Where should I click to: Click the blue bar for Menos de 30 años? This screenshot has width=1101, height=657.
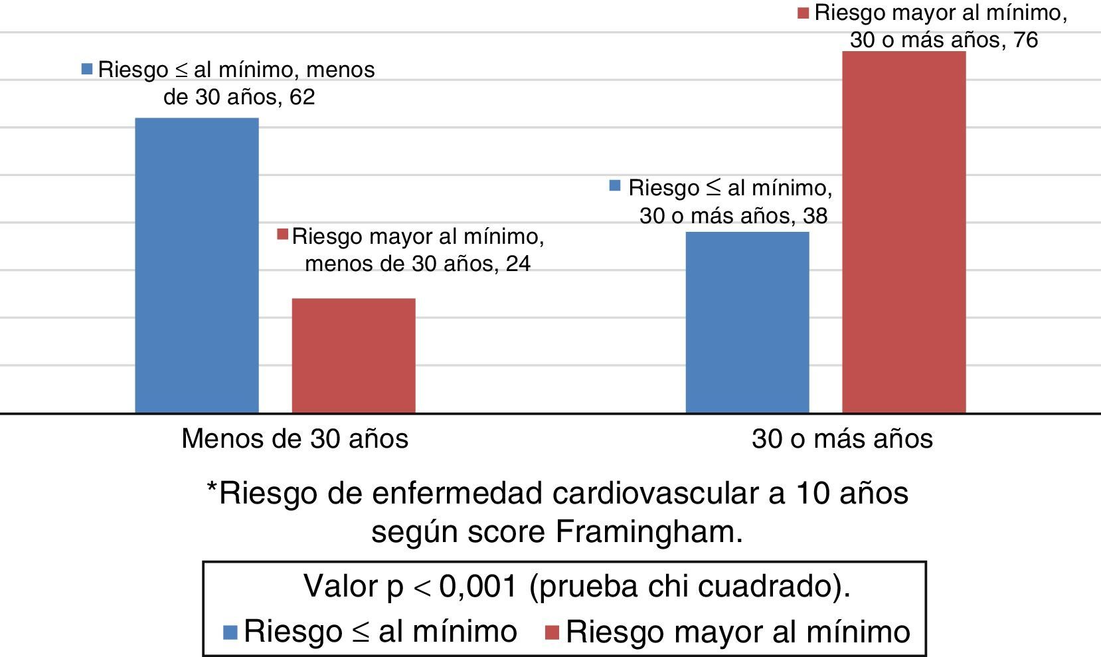(x=197, y=266)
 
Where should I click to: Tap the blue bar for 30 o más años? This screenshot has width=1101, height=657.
(x=747, y=322)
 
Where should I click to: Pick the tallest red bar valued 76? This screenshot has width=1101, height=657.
(x=904, y=233)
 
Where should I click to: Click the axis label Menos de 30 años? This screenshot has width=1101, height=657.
(x=295, y=439)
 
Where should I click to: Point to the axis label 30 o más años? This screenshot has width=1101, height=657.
(x=842, y=439)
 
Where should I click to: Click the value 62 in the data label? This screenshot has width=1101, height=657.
(x=302, y=98)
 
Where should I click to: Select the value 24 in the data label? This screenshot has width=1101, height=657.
(x=518, y=264)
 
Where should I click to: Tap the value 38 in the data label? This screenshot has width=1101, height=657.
(x=815, y=216)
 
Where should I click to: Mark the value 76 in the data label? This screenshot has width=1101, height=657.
(x=1025, y=41)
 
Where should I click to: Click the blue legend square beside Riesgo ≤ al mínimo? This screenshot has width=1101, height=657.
(x=231, y=632)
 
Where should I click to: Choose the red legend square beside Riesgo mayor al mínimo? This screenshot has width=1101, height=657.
(x=551, y=632)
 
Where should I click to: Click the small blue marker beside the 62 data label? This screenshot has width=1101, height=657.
(x=87, y=68)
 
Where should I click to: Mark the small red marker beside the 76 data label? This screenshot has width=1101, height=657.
(x=804, y=13)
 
